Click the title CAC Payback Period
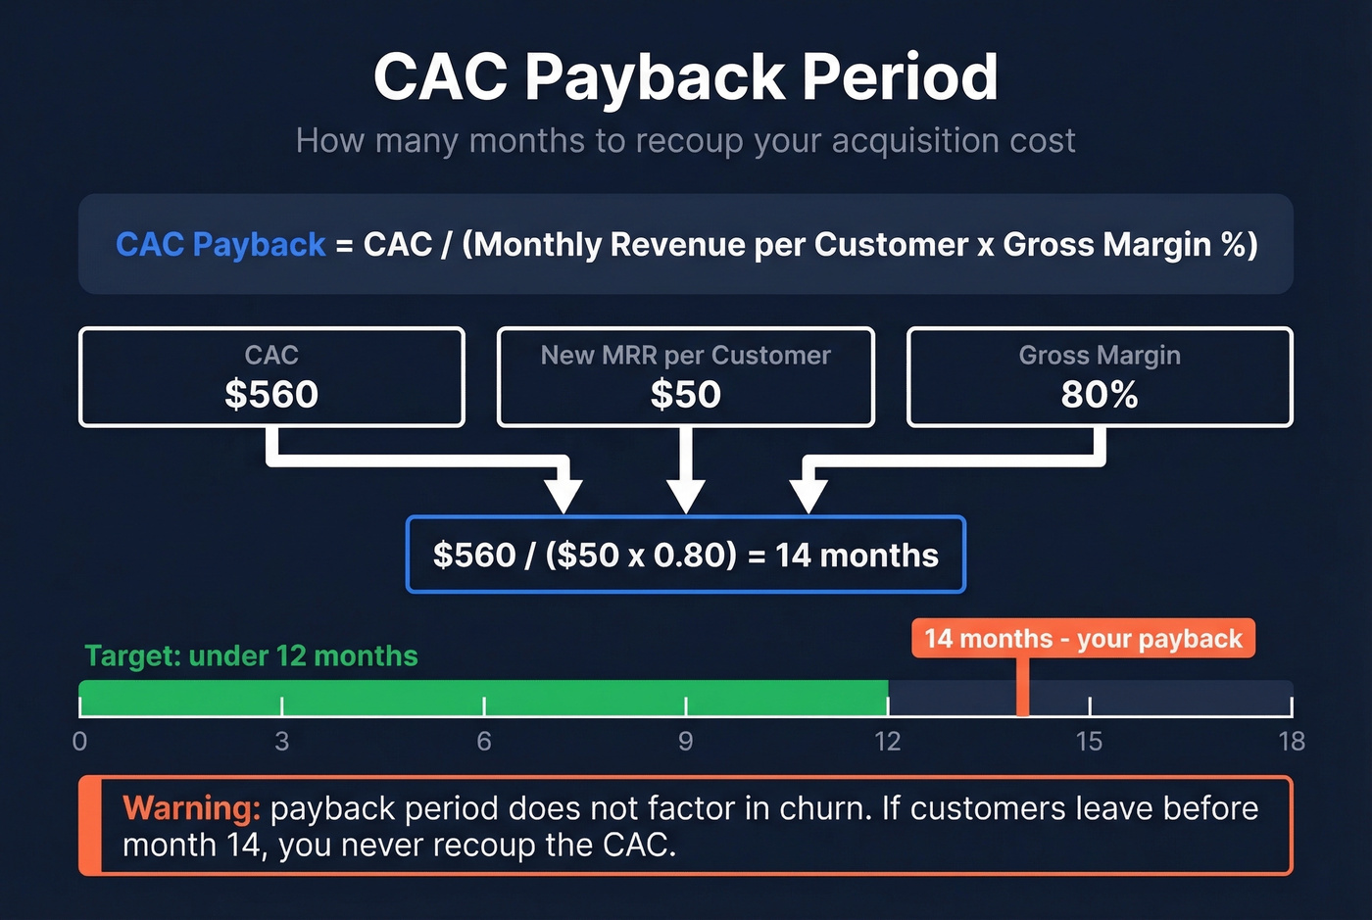pos(685,77)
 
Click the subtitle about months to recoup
pos(685,141)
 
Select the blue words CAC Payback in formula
pos(220,244)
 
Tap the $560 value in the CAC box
pos(271,395)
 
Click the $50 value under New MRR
pos(685,395)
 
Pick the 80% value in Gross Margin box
pos(1099,395)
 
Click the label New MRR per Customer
pos(685,355)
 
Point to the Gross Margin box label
pos(1099,355)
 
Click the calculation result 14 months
pos(857,556)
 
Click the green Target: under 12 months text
pos(251,655)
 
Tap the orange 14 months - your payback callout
pos(1083,639)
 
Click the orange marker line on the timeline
pos(1022,691)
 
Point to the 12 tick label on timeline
pos(888,742)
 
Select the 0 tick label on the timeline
pos(80,742)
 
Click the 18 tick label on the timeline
pos(1292,742)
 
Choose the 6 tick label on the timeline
pos(484,742)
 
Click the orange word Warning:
pos(191,808)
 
